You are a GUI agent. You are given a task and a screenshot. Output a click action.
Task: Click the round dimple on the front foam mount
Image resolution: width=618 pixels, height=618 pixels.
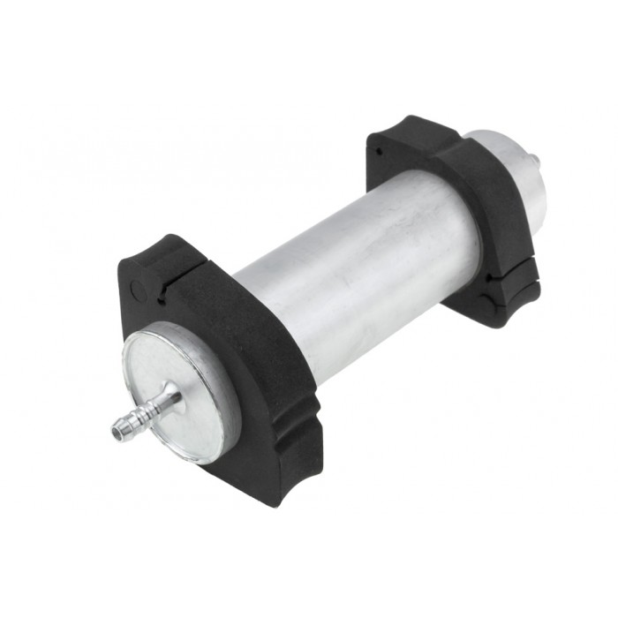click(135, 288)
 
